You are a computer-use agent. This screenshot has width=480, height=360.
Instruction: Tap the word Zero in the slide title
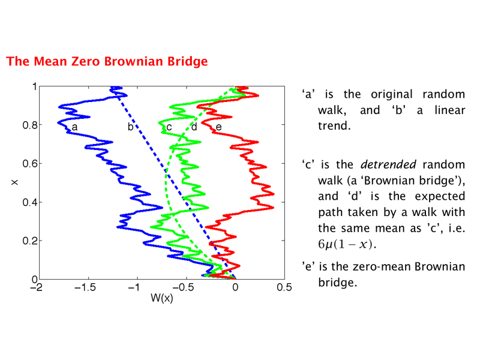[85, 61]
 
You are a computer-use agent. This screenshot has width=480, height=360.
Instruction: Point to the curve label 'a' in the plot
[74, 127]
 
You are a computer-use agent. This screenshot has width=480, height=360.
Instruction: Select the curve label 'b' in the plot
[130, 126]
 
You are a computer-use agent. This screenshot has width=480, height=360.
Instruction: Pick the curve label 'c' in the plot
[169, 127]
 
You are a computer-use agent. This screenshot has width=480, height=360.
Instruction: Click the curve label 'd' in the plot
[194, 126]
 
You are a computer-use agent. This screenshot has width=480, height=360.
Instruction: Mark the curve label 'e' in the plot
[218, 127]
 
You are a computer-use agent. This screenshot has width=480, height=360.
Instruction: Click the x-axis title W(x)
[161, 298]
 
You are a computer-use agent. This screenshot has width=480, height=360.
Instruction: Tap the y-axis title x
[14, 182]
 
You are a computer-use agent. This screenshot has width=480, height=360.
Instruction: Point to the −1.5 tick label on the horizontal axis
[85, 287]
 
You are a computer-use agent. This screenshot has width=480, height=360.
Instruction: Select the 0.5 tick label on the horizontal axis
[284, 287]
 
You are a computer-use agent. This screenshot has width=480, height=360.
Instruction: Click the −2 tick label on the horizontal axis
[37, 287]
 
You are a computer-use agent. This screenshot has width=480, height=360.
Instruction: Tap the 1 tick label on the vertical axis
[35, 86]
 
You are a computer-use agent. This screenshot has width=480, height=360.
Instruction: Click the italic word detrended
[388, 164]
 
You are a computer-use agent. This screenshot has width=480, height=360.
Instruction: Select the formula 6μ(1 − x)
[347, 244]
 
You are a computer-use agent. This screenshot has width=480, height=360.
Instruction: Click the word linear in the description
[449, 110]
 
